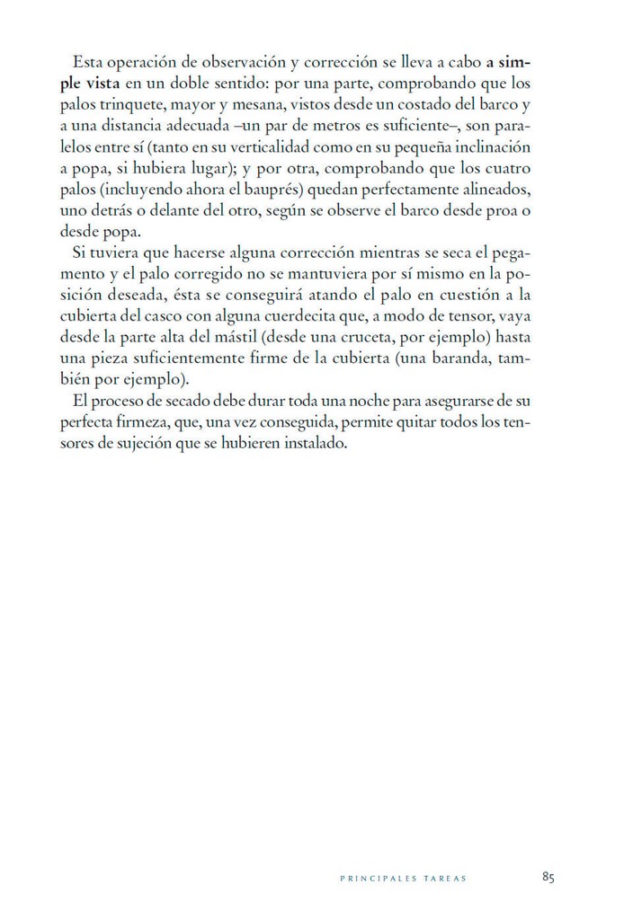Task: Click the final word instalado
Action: (311, 444)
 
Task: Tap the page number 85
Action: (548, 877)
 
